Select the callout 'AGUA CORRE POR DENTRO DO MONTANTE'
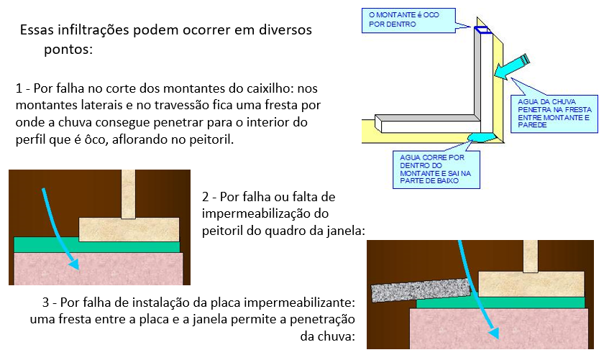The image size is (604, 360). coord(434,167)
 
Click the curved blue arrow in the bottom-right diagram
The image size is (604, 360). coord(481,295)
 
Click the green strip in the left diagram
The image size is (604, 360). coord(96,245)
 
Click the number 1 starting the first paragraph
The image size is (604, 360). coord(19,89)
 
